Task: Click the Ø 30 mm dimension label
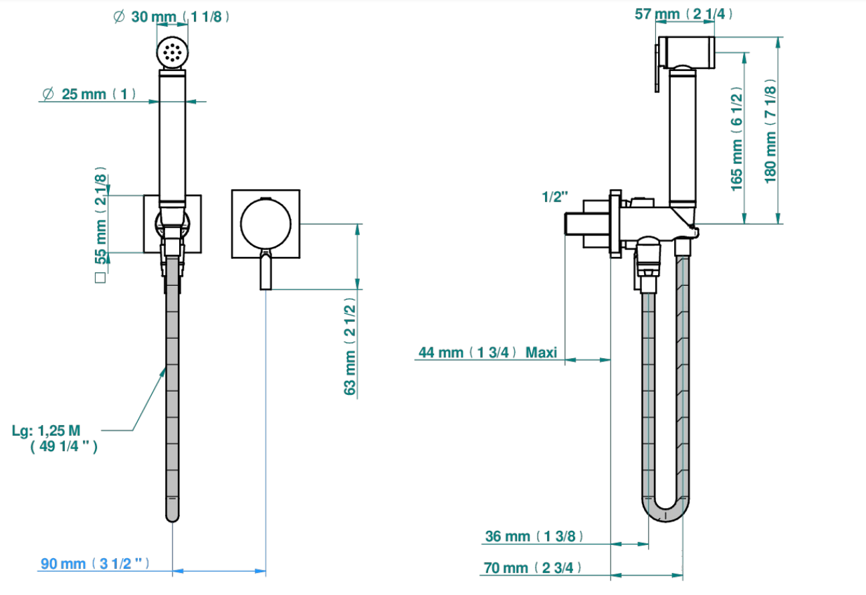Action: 171,17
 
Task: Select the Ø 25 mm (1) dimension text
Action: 90,94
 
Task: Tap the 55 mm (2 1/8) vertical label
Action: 100,216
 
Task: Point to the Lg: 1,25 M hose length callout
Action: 55,438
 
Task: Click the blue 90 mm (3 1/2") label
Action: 95,564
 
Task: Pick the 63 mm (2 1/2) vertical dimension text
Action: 350,346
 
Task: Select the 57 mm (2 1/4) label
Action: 683,14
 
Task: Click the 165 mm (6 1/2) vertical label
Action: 736,139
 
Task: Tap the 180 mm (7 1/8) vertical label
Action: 770,132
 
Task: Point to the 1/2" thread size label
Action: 555,197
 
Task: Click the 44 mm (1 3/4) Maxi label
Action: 488,353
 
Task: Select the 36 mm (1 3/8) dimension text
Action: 534,536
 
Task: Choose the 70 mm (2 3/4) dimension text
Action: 533,568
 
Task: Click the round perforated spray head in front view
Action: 173,52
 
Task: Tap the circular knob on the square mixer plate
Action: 265,224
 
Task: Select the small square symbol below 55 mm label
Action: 100,278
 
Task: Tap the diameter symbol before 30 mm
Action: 119,17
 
